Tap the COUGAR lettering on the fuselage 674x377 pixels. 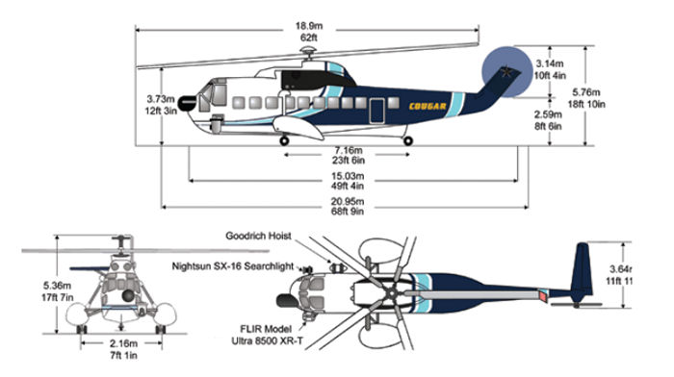(428, 106)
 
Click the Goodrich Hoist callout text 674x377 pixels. (260, 234)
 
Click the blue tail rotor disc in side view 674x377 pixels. (505, 72)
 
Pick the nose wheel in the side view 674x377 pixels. (284, 141)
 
